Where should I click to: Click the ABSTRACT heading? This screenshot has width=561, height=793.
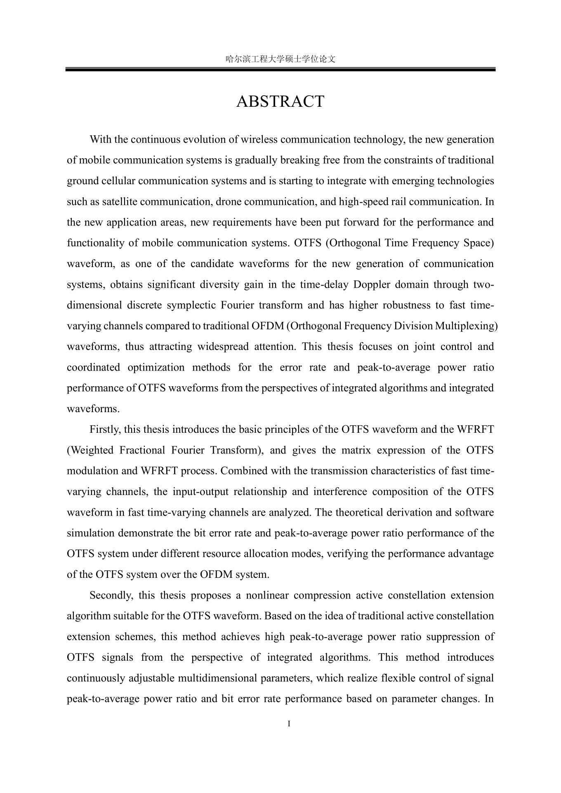(x=280, y=101)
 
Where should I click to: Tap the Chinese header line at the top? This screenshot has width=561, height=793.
(x=280, y=59)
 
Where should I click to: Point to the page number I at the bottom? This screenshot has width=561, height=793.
(x=289, y=724)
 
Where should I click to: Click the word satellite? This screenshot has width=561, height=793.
(x=119, y=202)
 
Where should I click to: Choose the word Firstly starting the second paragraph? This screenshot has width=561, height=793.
(x=105, y=429)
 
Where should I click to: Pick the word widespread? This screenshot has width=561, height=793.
(x=223, y=346)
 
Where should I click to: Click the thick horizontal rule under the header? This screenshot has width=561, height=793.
(x=280, y=70)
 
